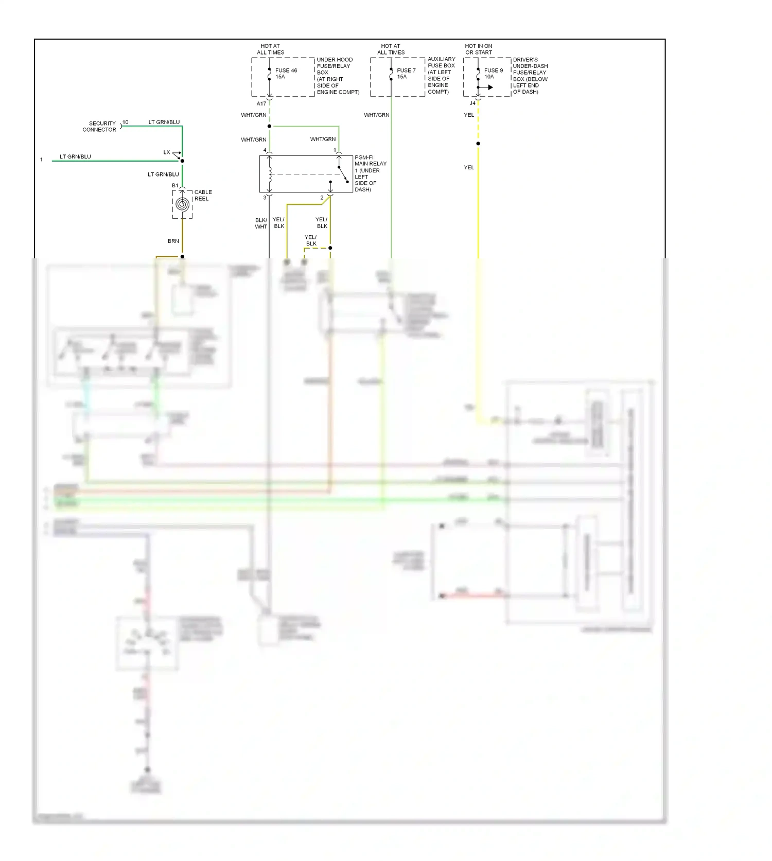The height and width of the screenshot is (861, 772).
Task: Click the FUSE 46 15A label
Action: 286,74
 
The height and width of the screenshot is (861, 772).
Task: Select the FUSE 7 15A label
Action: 406,74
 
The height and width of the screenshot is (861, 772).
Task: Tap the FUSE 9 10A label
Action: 493,74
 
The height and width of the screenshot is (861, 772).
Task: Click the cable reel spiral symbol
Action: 182,204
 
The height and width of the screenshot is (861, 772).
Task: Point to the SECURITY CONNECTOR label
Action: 100,127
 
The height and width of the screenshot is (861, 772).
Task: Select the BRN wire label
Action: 173,241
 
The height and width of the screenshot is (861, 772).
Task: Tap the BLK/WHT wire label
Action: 261,223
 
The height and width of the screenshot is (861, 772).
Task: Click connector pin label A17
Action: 261,103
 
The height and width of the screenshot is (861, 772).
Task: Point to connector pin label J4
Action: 472,103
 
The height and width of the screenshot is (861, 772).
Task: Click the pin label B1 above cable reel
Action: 175,185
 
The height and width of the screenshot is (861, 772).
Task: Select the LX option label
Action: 167,152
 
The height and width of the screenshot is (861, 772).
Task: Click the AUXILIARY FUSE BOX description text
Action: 441,75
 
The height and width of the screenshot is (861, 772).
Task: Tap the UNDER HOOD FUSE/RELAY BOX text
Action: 338,76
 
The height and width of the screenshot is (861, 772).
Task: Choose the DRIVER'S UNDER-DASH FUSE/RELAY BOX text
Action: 530,76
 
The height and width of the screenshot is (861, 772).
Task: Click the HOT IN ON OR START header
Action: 479,49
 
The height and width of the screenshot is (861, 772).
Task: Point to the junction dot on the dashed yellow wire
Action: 478,144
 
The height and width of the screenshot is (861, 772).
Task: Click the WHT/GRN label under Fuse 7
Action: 377,115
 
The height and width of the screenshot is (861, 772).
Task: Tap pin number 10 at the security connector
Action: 126,122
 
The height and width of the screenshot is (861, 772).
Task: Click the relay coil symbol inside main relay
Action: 270,174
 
